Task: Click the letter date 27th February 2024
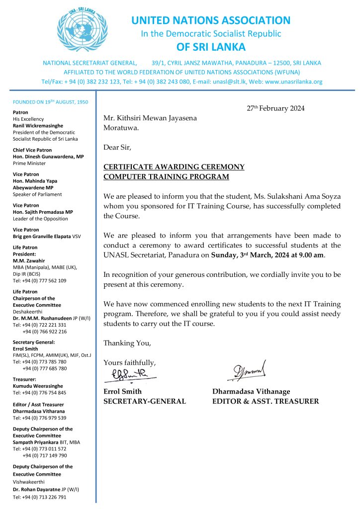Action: tap(275, 108)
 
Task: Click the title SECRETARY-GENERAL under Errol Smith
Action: tap(144, 401)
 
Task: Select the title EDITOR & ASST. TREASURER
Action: tap(265, 401)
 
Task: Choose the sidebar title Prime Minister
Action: tap(29, 163)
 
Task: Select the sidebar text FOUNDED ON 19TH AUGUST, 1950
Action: tap(50, 102)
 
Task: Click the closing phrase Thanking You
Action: tap(126, 343)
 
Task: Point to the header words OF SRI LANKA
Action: tap(211, 47)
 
